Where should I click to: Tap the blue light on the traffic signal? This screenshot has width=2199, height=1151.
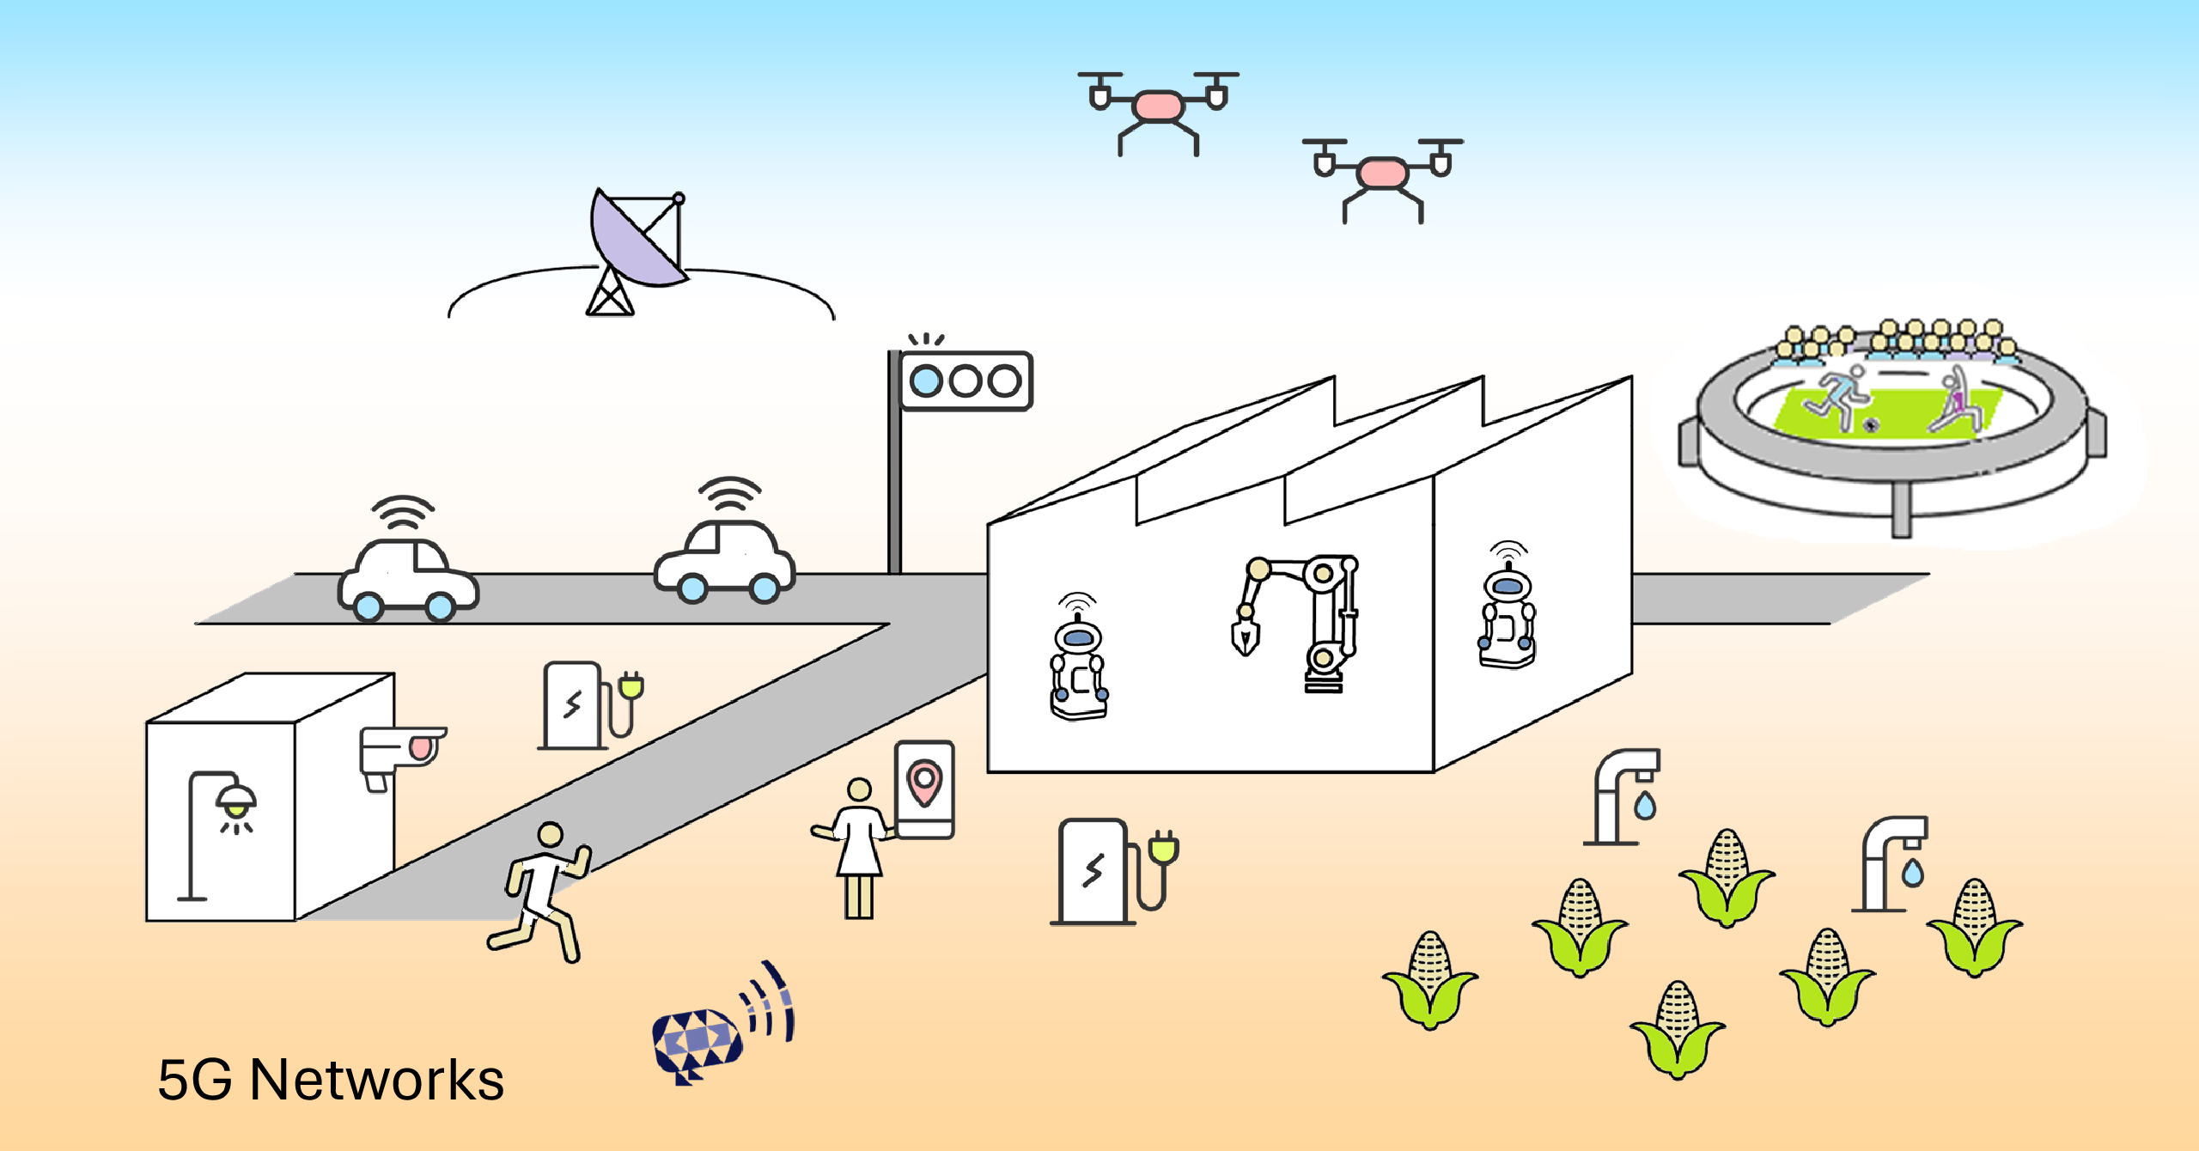(926, 381)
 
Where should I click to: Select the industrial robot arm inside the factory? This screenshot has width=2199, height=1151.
(1306, 618)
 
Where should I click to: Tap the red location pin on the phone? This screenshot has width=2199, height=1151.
(924, 782)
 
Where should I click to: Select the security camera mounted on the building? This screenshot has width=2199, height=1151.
(399, 752)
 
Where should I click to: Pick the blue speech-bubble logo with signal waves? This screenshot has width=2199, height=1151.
(697, 1041)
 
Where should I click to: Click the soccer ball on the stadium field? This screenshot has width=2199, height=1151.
(1871, 424)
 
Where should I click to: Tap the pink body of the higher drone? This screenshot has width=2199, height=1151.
(1158, 107)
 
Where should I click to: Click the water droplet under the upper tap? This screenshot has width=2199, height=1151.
(1645, 807)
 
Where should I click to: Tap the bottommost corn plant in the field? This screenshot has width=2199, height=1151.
(1677, 1031)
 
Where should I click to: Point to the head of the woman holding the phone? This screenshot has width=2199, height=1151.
(859, 789)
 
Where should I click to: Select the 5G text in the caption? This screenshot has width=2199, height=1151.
(195, 1080)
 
